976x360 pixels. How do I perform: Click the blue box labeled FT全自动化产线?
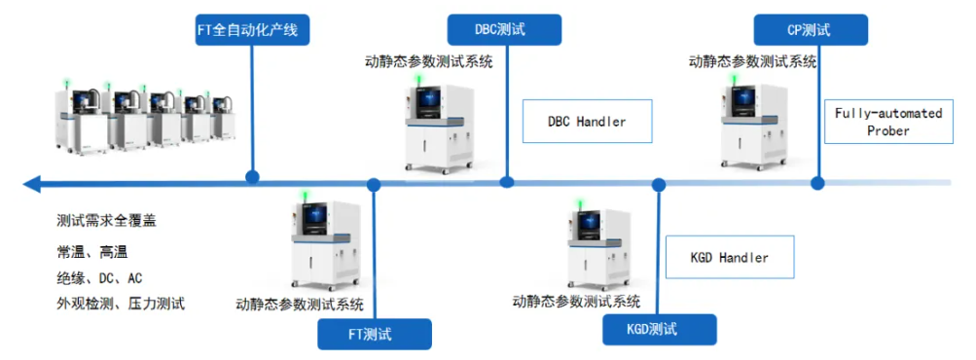pyautogui.click(x=252, y=30)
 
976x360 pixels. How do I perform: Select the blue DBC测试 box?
pyautogui.click(x=505, y=29)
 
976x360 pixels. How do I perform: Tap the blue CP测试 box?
pyautogui.click(x=811, y=29)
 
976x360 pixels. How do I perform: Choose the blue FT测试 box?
pyautogui.click(x=375, y=334)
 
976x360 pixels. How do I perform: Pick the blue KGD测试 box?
pyautogui.click(x=659, y=330)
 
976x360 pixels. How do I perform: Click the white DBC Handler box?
pyautogui.click(x=587, y=122)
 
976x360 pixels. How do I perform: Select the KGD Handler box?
pyautogui.click(x=729, y=258)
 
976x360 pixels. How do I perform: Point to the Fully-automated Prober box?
pyautogui.click(x=887, y=122)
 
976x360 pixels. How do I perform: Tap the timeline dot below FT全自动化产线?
pyautogui.click(x=253, y=177)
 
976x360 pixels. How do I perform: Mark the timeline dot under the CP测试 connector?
pyautogui.click(x=816, y=181)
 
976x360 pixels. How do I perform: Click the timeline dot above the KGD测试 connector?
pyautogui.click(x=659, y=184)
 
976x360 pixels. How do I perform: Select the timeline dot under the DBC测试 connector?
pyautogui.click(x=506, y=181)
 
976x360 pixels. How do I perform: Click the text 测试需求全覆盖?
pyautogui.click(x=107, y=221)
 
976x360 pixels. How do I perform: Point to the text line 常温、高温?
pyautogui.click(x=92, y=251)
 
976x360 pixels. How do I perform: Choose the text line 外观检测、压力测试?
pyautogui.click(x=121, y=304)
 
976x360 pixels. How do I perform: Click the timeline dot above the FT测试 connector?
pyautogui.click(x=374, y=184)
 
